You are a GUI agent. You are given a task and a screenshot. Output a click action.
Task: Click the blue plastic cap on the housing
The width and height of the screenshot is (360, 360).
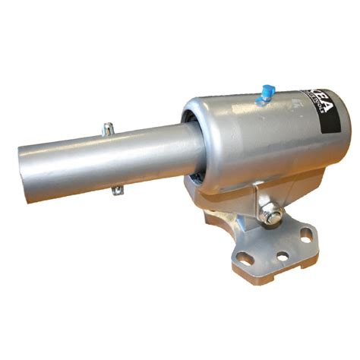coord(264,93)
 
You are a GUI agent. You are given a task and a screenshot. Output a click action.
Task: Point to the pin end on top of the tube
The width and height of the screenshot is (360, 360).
coord(109,127)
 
